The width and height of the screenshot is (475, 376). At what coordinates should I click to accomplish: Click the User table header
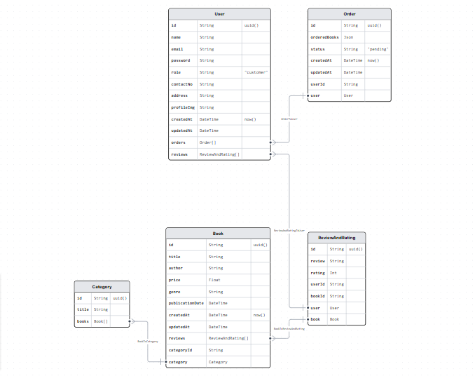point(219,14)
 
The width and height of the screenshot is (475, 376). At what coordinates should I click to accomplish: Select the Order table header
point(349,14)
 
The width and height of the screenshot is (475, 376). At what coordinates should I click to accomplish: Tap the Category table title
point(102,286)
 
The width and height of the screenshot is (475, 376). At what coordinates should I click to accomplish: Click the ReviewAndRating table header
point(336,238)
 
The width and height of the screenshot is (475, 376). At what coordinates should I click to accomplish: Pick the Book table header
point(218,233)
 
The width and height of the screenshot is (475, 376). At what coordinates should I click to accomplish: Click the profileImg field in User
point(182,107)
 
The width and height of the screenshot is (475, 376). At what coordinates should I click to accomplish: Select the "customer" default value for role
point(256,72)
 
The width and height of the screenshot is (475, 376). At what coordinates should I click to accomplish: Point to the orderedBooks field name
point(324,37)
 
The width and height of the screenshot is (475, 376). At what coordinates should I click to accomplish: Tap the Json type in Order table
point(348,37)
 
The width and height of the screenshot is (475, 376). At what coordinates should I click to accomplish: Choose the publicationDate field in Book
point(186,303)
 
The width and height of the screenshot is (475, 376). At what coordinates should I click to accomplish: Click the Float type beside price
point(214,280)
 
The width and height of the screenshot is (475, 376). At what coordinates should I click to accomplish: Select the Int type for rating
point(333,273)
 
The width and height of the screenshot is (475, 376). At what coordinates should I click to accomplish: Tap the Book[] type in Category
point(101,321)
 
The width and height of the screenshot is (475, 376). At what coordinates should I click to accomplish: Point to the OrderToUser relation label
point(289,119)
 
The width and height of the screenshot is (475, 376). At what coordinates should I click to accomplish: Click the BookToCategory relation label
point(147,341)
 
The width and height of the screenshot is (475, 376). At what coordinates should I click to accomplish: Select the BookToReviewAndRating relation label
point(289,328)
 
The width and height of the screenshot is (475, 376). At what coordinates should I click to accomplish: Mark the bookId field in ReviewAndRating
point(318,296)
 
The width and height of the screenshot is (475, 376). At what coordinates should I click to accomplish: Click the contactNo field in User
point(182,84)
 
